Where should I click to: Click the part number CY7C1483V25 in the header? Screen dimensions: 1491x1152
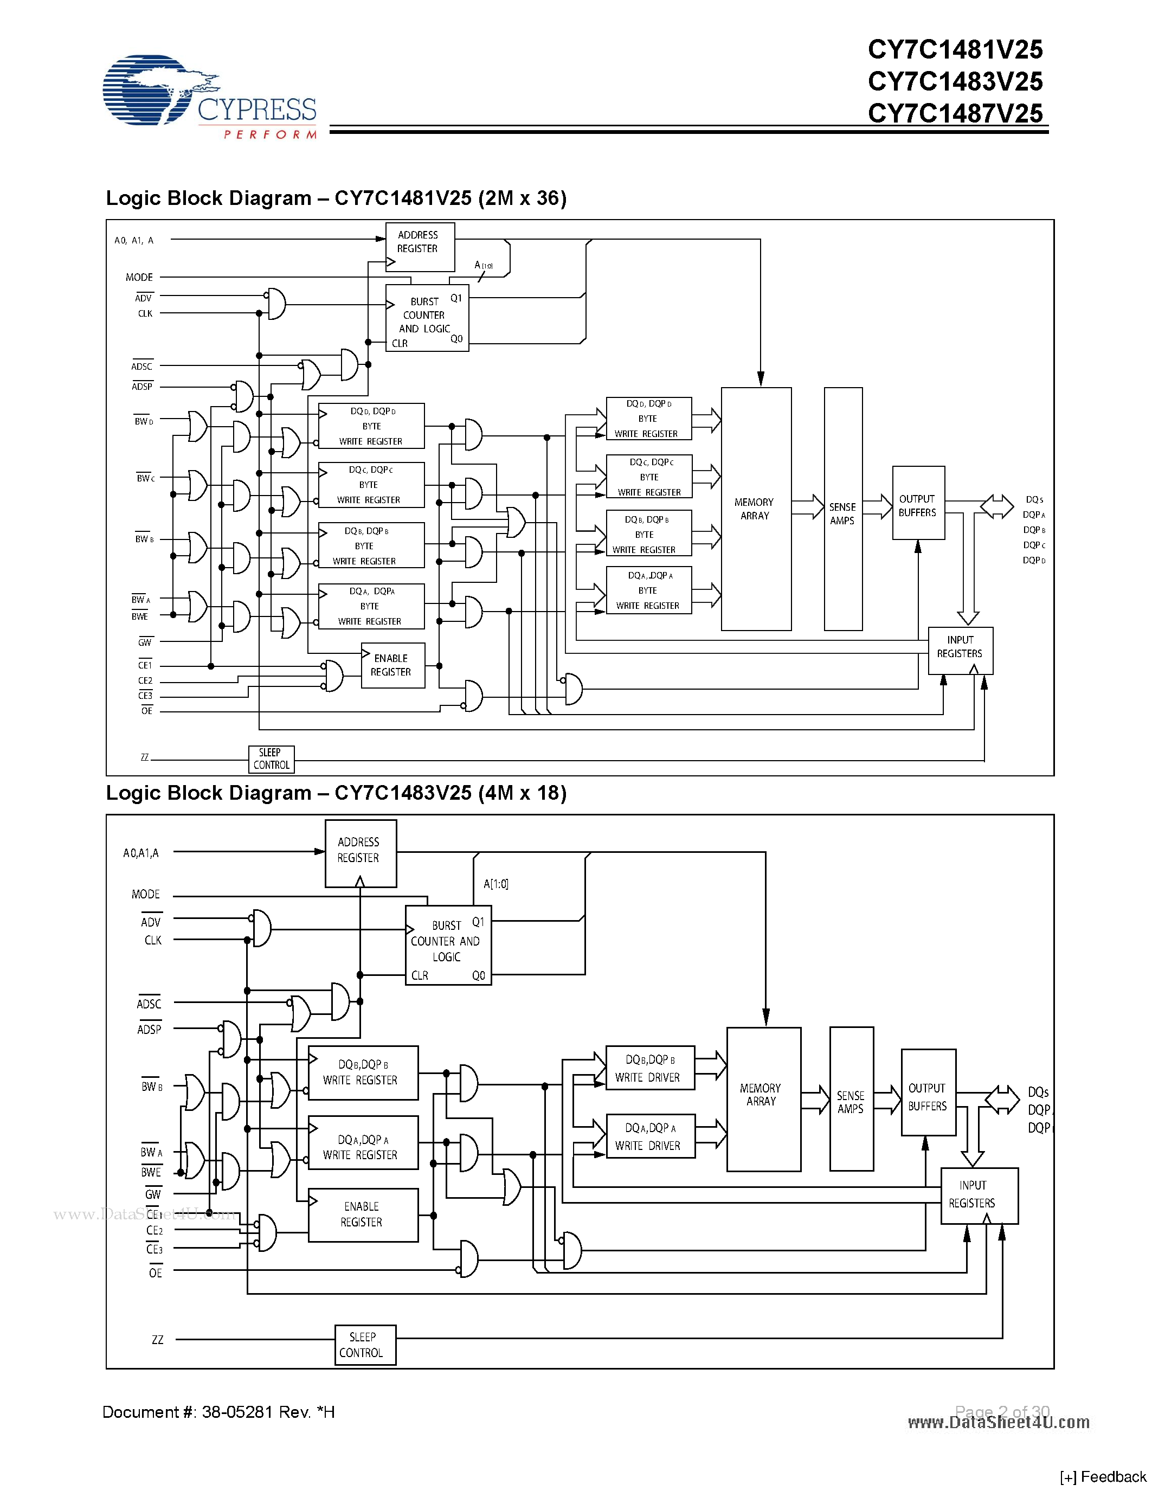coord(955,82)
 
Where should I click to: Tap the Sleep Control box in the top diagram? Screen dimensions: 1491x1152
coord(271,759)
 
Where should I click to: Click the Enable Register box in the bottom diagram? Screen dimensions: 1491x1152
coord(362,1214)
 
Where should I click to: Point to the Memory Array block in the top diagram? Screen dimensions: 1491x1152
coord(756,509)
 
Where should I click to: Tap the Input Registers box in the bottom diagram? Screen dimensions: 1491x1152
coord(978,1196)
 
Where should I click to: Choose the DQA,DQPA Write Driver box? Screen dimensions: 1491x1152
coord(649,1136)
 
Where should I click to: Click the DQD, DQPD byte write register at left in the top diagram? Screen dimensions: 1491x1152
coord(371,426)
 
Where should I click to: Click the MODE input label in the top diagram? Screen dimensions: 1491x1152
coord(139,277)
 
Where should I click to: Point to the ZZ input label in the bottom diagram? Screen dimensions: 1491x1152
coord(158,1339)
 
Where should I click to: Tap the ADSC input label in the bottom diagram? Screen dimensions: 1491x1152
coord(149,1004)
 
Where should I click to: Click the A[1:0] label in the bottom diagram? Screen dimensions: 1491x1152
coord(495,884)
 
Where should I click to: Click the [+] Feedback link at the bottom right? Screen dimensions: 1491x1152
coord(1102,1477)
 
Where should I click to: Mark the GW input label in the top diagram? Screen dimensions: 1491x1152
coord(145,642)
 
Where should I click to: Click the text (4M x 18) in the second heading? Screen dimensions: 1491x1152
coord(522,793)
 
